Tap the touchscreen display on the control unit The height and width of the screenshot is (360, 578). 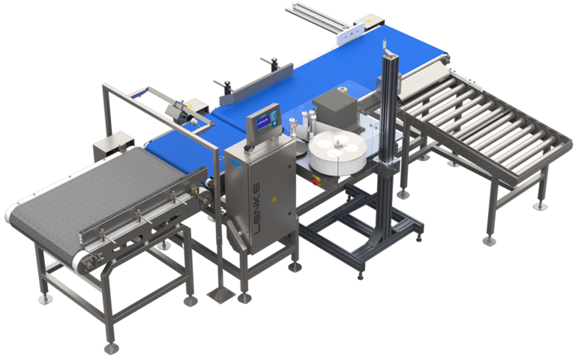264,117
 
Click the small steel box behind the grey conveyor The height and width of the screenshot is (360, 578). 111,142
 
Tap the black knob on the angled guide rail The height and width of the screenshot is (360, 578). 275,61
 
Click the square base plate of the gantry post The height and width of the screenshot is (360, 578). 219,294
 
